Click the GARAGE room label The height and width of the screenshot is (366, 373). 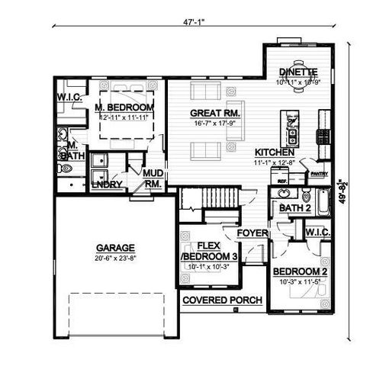[115, 248]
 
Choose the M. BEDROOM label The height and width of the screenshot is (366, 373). [124, 108]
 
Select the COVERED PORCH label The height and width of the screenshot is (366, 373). [223, 300]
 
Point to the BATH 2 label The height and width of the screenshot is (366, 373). [294, 207]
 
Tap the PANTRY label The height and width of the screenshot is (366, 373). [320, 173]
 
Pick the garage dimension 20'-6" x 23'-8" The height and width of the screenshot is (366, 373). [115, 258]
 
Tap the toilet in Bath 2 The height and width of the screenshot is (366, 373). [306, 193]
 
